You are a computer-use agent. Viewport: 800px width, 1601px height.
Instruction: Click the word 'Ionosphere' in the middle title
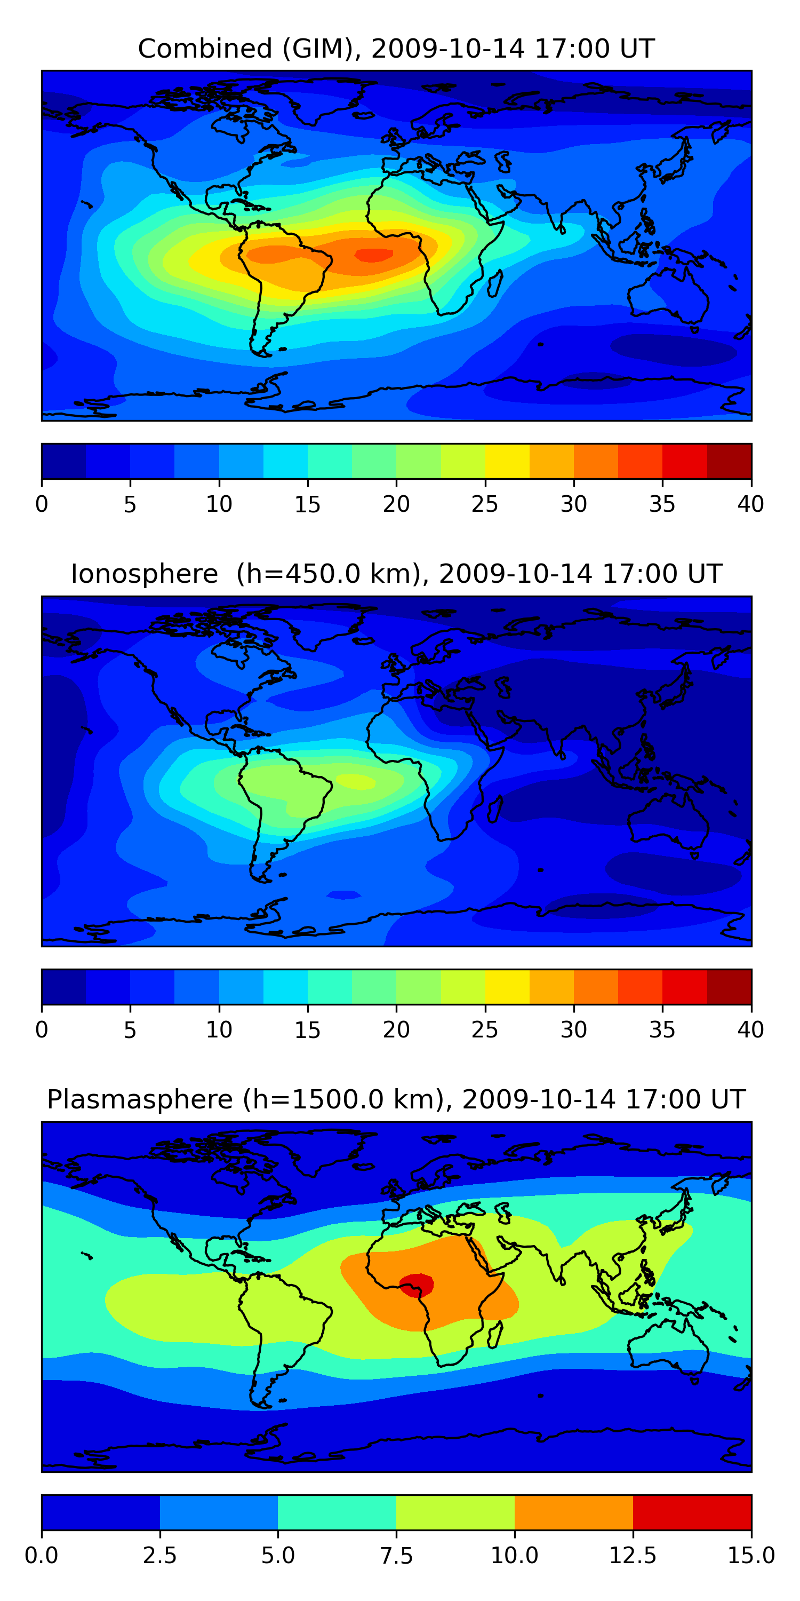pyautogui.click(x=144, y=574)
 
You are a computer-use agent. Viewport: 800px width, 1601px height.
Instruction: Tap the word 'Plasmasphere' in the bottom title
pyautogui.click(x=140, y=1100)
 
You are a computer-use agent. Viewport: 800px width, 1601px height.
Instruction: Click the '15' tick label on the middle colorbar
pyautogui.click(x=307, y=1030)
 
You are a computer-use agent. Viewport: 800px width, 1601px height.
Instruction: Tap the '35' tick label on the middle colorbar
pyautogui.click(x=662, y=1030)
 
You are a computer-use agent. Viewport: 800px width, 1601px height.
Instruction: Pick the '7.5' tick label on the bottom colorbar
pyautogui.click(x=396, y=1556)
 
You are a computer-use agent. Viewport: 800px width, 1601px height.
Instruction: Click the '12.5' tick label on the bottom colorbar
pyautogui.click(x=633, y=1556)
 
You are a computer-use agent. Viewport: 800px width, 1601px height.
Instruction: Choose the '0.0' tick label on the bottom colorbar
pyautogui.click(x=42, y=1556)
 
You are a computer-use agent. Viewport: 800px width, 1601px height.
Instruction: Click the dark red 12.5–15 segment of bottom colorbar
pyautogui.click(x=693, y=1512)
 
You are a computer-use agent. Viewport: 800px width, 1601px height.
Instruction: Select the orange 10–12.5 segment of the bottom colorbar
pyautogui.click(x=574, y=1512)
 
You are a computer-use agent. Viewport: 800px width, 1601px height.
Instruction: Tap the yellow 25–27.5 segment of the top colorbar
pyautogui.click(x=507, y=461)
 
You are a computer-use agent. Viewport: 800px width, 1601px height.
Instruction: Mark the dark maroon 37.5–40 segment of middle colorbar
pyautogui.click(x=729, y=986)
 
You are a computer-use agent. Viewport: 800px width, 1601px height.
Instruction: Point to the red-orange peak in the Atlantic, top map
pyautogui.click(x=373, y=255)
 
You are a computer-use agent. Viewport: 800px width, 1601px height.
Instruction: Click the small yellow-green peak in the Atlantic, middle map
pyautogui.click(x=356, y=781)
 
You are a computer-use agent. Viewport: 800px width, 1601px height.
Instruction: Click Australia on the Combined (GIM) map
pyautogui.click(x=668, y=296)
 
